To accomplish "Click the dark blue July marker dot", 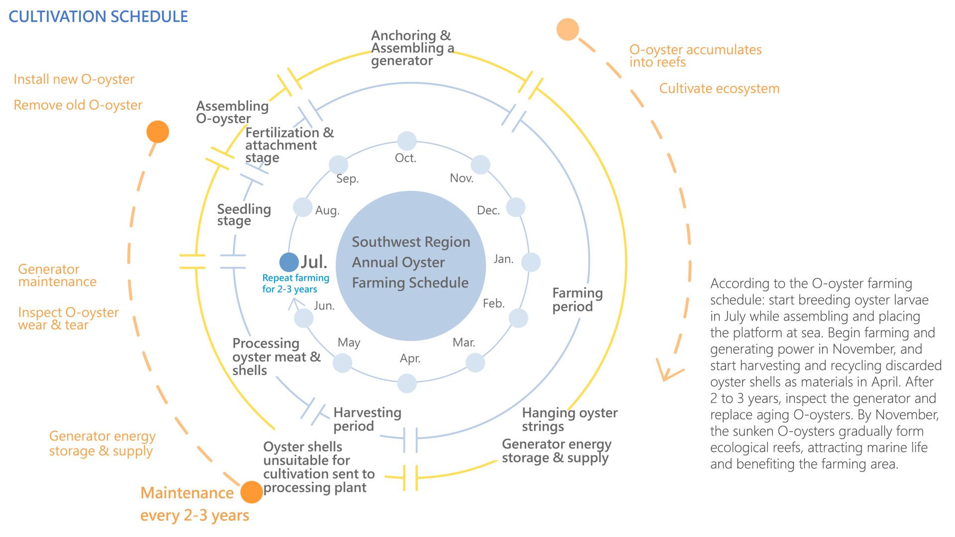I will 288,262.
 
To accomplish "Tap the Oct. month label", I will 405,158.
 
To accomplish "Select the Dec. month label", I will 488,210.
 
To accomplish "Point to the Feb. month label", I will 493,303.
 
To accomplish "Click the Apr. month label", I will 410,358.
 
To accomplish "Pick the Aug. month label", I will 327,210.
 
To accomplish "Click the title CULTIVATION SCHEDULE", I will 98,16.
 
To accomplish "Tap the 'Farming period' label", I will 577,299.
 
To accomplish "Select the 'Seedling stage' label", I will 244,215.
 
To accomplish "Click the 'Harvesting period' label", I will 367,419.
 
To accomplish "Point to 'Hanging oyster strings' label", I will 570,419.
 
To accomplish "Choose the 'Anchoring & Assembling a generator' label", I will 412,48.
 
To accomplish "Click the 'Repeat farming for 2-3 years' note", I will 295,283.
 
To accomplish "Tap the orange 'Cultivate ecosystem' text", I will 719,89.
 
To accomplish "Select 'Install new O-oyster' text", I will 74,79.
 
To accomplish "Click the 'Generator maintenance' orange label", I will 57,275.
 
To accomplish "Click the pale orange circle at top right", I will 568,29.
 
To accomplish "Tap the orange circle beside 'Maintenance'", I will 251,492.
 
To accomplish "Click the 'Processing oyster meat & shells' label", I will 276,357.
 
